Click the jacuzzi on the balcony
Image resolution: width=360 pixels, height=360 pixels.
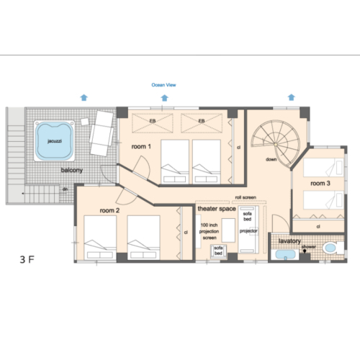[54, 140]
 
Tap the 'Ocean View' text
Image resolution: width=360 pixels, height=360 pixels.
[163, 85]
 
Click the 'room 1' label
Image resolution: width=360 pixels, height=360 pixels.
[141, 146]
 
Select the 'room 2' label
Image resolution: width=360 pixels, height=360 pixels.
[109, 210]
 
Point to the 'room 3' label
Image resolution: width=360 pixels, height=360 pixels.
[320, 184]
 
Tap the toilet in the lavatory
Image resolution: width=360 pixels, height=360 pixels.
[333, 248]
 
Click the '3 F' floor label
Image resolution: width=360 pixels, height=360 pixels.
[27, 259]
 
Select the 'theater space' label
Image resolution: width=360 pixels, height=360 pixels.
[217, 209]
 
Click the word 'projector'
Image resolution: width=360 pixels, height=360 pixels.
[248, 231]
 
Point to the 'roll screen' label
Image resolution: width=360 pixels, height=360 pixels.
[246, 197]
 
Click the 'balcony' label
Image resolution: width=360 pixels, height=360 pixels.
[72, 170]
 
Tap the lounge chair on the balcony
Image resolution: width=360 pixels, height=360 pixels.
[102, 133]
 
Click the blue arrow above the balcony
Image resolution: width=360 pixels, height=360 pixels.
[84, 98]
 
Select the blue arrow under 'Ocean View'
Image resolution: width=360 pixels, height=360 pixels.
[164, 98]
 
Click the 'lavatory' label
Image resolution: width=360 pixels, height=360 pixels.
[289, 241]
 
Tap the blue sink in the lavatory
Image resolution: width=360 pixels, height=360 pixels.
[285, 255]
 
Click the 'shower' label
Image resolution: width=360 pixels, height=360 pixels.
[309, 247]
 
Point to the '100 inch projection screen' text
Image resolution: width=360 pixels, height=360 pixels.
[209, 231]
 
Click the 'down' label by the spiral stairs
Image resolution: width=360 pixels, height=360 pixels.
[271, 159]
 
